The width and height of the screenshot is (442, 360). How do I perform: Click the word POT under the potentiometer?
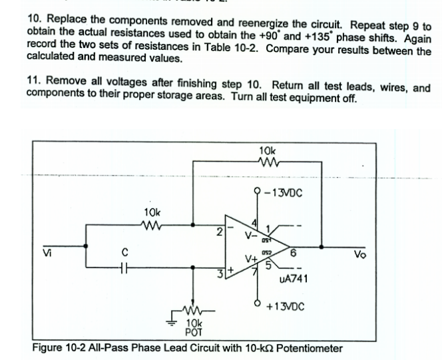(192, 332)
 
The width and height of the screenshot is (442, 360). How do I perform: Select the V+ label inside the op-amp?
(250, 260)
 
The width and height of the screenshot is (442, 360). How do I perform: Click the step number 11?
(32, 78)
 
